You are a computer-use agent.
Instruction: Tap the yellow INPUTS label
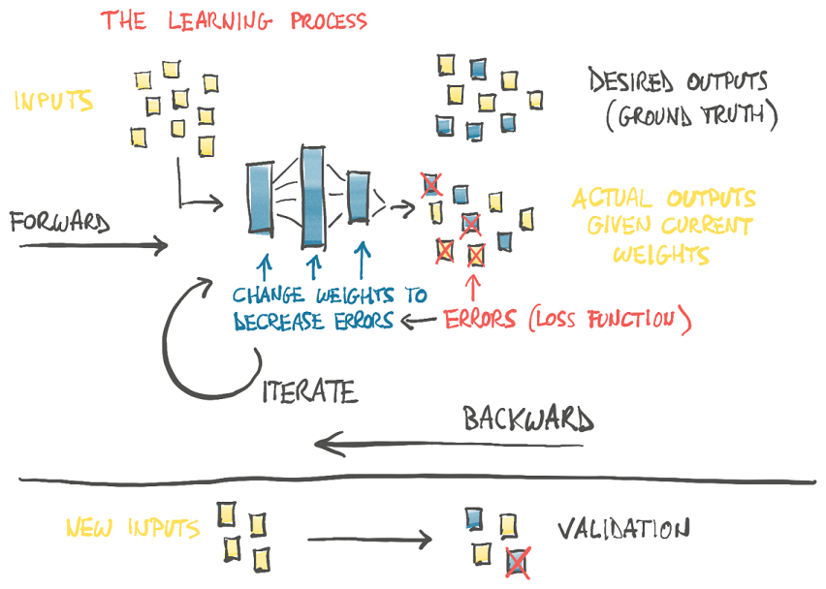coord(54,100)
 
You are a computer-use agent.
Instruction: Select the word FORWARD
coord(59,222)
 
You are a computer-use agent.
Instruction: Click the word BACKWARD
coord(528,419)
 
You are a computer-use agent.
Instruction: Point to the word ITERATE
coord(311,390)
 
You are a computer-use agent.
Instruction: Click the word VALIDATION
coord(623,529)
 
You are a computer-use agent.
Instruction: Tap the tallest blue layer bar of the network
coord(311,195)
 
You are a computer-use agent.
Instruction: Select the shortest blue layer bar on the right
coord(359,198)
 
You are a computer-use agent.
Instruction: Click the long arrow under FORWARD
coord(92,246)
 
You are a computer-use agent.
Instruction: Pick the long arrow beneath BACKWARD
coord(456,446)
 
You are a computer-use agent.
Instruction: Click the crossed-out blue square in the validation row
coord(518,561)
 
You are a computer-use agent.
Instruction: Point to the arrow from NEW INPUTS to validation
coord(368,539)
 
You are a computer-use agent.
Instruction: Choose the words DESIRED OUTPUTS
coord(678,80)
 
